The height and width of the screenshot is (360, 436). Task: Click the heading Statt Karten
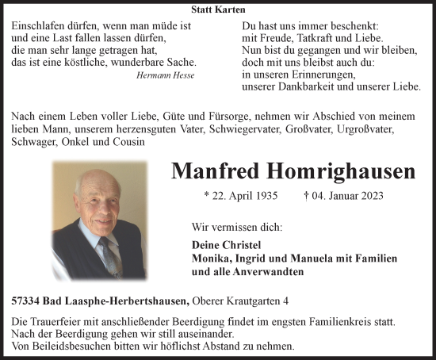pos(218,10)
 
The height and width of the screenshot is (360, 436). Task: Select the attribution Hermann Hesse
pos(165,75)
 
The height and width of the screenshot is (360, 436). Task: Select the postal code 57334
pos(29,301)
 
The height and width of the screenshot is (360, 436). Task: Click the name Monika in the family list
pos(212,259)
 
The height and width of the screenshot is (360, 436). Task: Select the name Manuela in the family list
pos(316,259)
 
